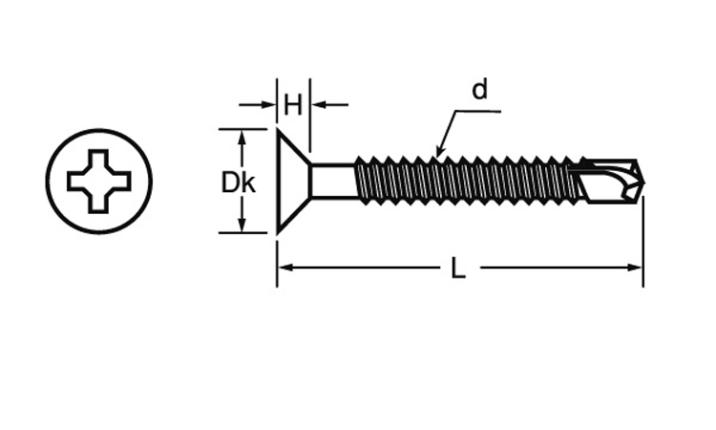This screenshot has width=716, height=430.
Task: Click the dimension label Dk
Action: pos(238,183)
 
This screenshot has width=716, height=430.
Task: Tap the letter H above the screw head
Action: pos(293,105)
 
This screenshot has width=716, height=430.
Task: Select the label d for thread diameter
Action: pos(479,89)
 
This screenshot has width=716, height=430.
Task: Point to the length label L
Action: pos(458,268)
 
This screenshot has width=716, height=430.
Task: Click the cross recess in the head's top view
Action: pos(99,181)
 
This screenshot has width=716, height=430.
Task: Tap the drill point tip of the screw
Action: pos(643,183)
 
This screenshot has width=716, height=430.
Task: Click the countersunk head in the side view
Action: pos(294,181)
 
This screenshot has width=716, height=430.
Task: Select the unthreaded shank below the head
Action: pos(333,181)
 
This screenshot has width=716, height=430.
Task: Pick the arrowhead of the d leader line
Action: pos(439,151)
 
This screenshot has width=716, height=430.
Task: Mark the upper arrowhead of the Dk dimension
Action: pos(242,138)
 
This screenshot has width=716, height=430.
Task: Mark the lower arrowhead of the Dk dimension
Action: pos(242,225)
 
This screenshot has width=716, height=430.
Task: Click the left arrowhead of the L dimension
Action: pos(285,268)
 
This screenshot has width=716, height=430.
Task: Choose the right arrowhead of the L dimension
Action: pos(634,268)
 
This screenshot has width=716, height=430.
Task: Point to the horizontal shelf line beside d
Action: pos(477,110)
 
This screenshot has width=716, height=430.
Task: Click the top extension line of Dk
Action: pos(242,129)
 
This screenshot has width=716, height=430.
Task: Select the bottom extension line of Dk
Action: pos(242,232)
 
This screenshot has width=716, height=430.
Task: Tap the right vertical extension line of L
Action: pos(642,241)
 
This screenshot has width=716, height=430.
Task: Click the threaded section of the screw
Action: pos(468,181)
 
